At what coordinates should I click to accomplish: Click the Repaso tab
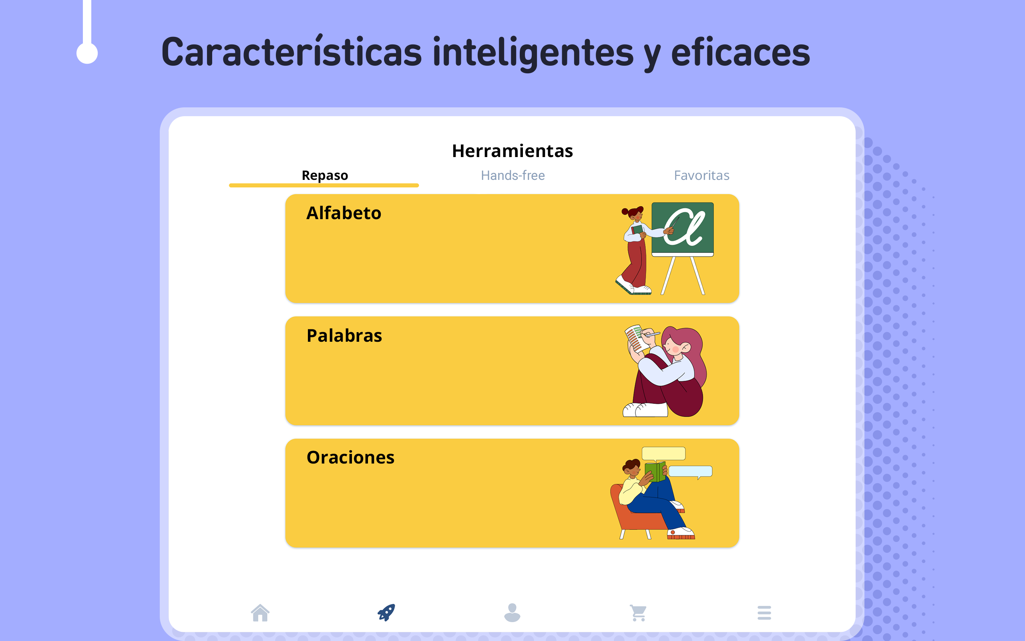324,175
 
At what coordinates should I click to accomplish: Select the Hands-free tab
512,175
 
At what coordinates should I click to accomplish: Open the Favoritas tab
701,175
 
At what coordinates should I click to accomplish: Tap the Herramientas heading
512,151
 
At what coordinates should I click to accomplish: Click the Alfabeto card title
344,213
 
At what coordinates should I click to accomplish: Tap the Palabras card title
344,335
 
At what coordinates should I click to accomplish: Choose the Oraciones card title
350,458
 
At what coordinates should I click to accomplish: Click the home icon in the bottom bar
260,613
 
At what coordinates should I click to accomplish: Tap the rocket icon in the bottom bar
386,613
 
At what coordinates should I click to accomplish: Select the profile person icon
512,613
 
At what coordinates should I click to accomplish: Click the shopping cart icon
638,613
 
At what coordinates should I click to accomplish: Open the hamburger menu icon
764,613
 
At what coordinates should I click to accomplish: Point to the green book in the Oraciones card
655,472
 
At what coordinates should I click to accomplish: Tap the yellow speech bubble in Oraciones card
663,454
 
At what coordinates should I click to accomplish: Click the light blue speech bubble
690,472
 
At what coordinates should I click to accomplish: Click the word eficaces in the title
740,52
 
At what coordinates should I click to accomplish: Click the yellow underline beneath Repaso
324,185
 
